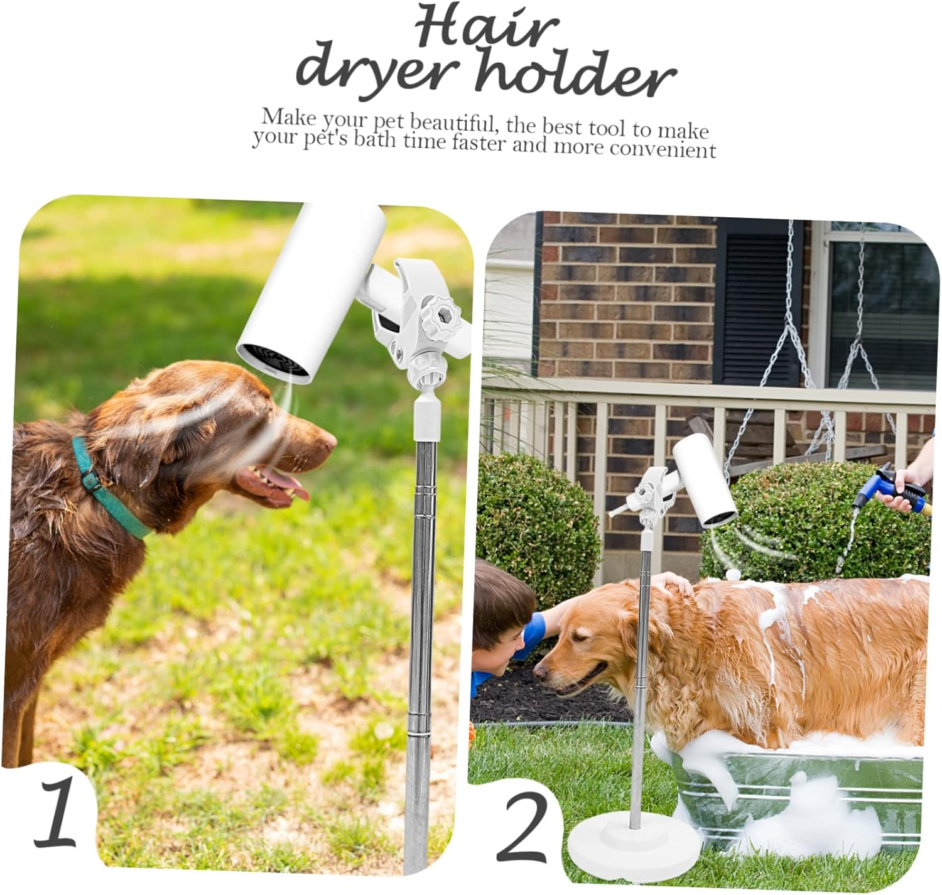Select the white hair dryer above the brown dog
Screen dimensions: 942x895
311,293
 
